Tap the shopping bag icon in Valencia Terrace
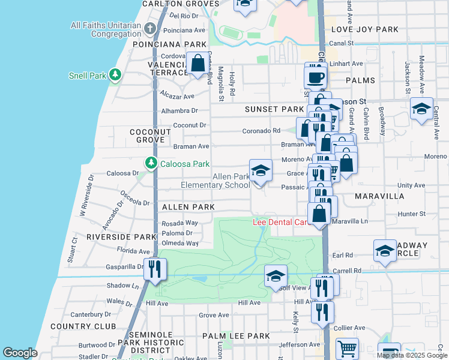[x=197, y=63]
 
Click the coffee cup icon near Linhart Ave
[x=316, y=77]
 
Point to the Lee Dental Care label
[x=280, y=222]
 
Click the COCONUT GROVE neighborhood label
[x=147, y=136]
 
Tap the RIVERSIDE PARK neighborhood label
[x=121, y=237]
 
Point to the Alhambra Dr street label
[x=179, y=111]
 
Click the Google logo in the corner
[x=20, y=353]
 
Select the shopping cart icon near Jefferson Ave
[x=347, y=349]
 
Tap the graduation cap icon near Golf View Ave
[x=276, y=276]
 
